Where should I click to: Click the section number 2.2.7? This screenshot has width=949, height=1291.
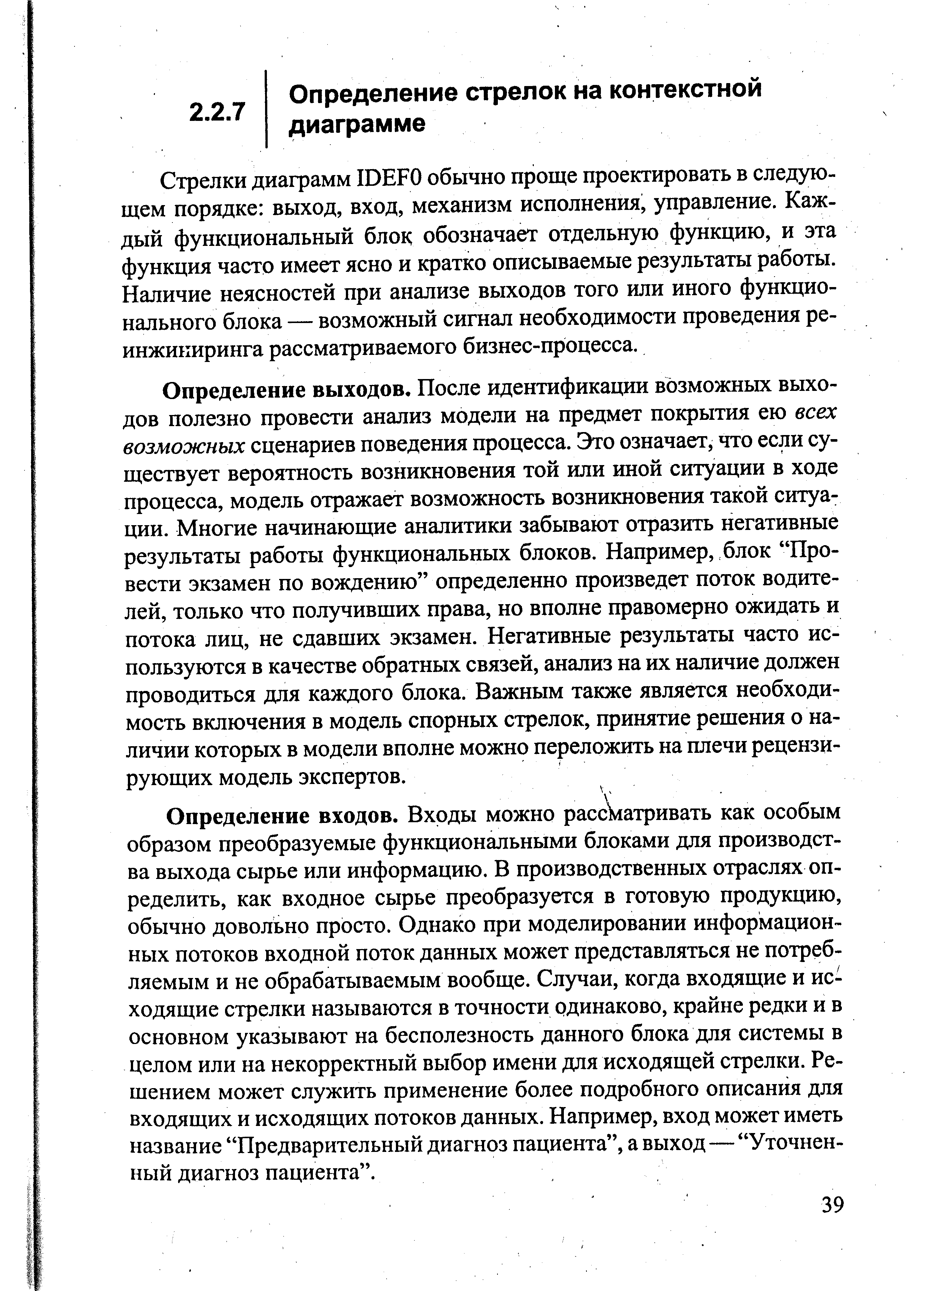pyautogui.click(x=217, y=112)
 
